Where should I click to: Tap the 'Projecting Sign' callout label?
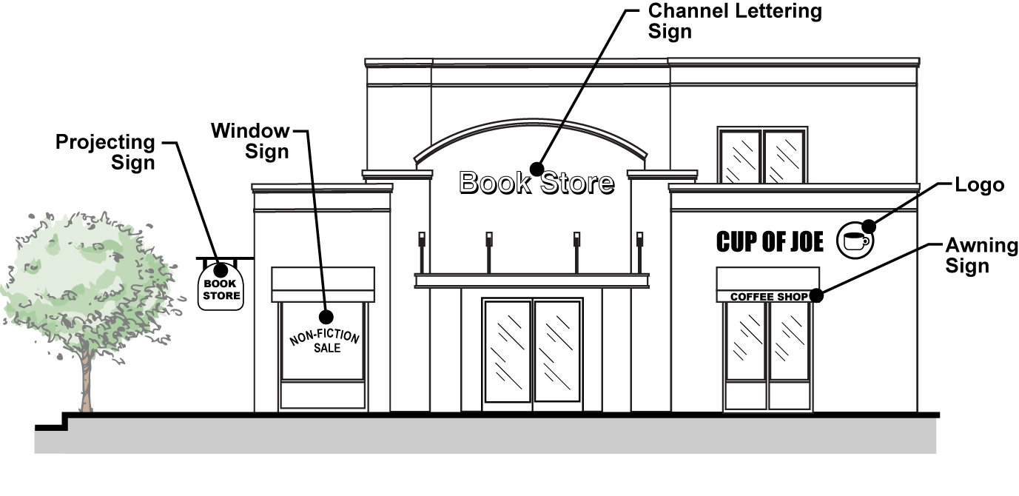point(105,152)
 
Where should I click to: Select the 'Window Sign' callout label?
point(250,141)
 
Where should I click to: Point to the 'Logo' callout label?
point(979,185)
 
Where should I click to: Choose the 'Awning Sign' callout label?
point(981,256)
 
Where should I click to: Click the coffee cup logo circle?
point(855,241)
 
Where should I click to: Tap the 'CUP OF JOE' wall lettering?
point(770,241)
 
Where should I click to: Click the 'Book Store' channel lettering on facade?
point(537,182)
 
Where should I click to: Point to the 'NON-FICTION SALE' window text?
point(325,341)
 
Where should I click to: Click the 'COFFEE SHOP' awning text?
point(769,297)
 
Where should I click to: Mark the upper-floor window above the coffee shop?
point(762,157)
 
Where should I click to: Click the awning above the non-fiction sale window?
point(323,284)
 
